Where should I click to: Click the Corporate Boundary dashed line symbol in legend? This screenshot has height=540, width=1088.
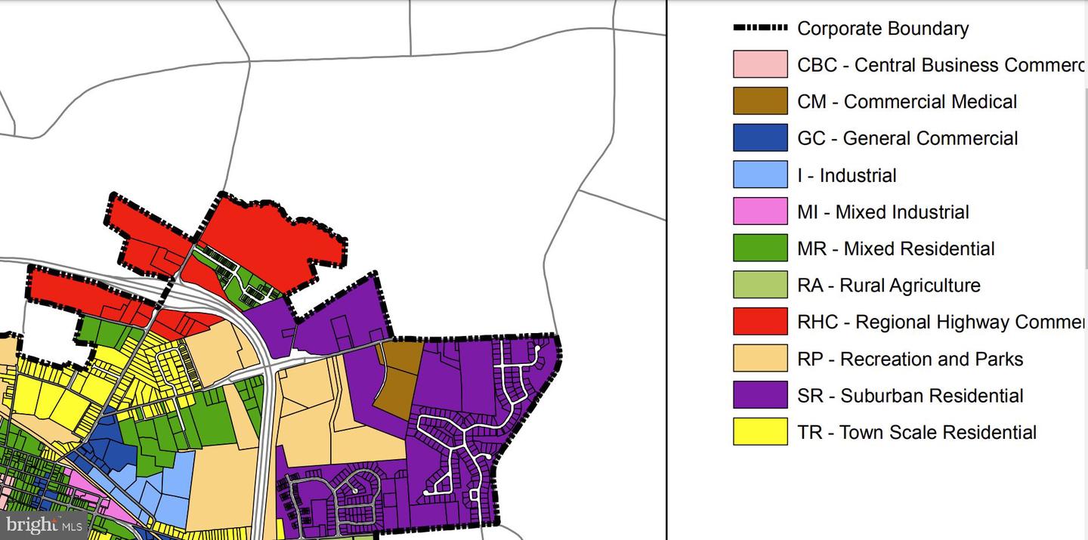[760, 28]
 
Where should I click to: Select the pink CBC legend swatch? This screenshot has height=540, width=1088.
[760, 65]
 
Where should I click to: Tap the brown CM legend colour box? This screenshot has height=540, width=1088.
[760, 101]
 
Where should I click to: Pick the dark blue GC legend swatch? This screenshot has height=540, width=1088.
[760, 138]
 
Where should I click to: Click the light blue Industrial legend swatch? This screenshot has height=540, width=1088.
[760, 175]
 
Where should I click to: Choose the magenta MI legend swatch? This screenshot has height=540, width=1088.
[760, 212]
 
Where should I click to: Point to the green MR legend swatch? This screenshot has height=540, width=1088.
[760, 248]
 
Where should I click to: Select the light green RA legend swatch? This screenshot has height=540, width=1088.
[760, 285]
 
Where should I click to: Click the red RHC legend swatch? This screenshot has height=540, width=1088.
[760, 322]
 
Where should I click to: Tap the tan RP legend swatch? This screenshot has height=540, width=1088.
[760, 359]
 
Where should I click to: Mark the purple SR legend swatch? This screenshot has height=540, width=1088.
[760, 395]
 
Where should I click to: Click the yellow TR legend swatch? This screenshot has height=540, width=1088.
[760, 432]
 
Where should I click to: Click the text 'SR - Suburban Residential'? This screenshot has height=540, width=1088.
[910, 396]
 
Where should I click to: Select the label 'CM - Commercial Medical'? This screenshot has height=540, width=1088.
[907, 102]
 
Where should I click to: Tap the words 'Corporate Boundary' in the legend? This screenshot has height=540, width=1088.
[882, 29]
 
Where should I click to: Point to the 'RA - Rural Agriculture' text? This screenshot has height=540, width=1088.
[889, 285]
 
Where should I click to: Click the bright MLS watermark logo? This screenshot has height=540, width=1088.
[43, 525]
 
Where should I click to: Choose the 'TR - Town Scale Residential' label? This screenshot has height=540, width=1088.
[916, 433]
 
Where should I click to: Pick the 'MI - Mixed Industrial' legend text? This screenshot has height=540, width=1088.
[882, 212]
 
